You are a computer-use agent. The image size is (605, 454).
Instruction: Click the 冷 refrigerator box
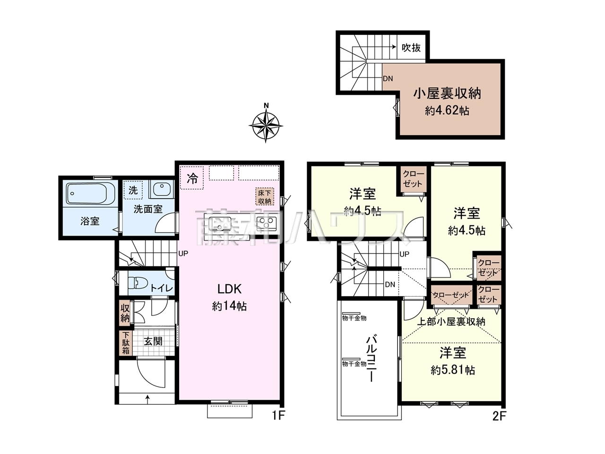pos(192,178)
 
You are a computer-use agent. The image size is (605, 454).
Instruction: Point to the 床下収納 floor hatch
pos(265,197)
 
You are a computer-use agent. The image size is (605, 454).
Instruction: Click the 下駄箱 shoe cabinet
pos(126,343)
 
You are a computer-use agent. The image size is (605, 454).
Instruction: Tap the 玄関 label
pos(153,341)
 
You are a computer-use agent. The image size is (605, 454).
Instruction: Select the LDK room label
pos(230,289)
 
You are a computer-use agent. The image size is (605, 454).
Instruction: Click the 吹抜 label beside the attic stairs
pos(411,48)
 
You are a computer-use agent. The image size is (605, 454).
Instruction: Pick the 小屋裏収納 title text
pos(447,94)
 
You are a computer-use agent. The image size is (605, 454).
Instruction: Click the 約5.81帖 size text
pos(453,370)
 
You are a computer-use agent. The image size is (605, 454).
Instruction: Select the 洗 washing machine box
pos(133,190)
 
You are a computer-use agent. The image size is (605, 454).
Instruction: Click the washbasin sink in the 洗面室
pos(162,189)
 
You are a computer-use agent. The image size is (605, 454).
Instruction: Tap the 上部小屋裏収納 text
pos(451,322)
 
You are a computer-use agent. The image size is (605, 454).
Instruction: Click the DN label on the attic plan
pos(388,79)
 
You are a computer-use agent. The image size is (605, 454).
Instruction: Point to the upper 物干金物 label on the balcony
pos(354,318)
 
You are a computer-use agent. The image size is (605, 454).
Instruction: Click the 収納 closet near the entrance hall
pos(125,314)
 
